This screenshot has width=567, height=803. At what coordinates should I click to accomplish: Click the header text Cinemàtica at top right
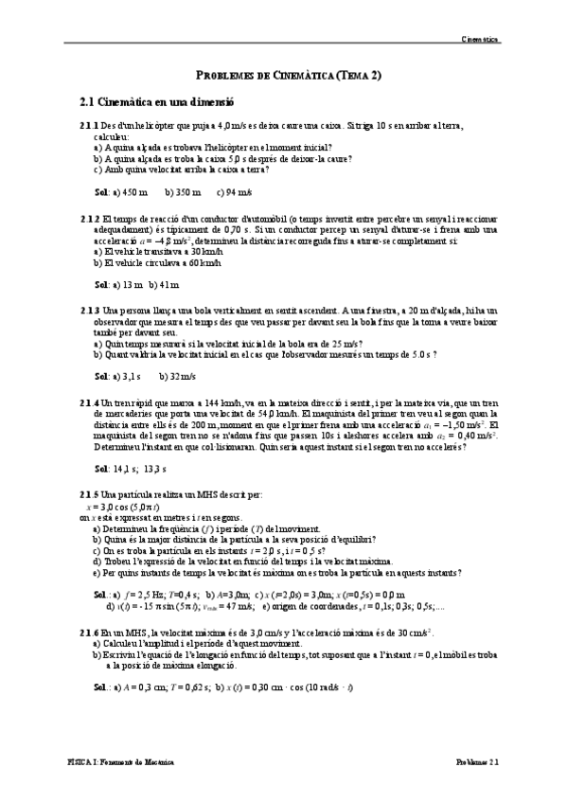(479, 40)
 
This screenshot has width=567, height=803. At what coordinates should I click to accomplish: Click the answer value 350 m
(184, 192)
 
